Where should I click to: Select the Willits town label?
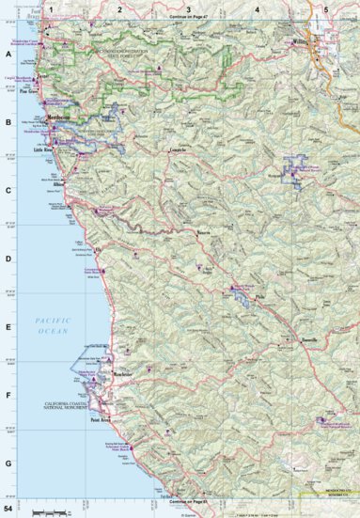300,42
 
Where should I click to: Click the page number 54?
8,509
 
